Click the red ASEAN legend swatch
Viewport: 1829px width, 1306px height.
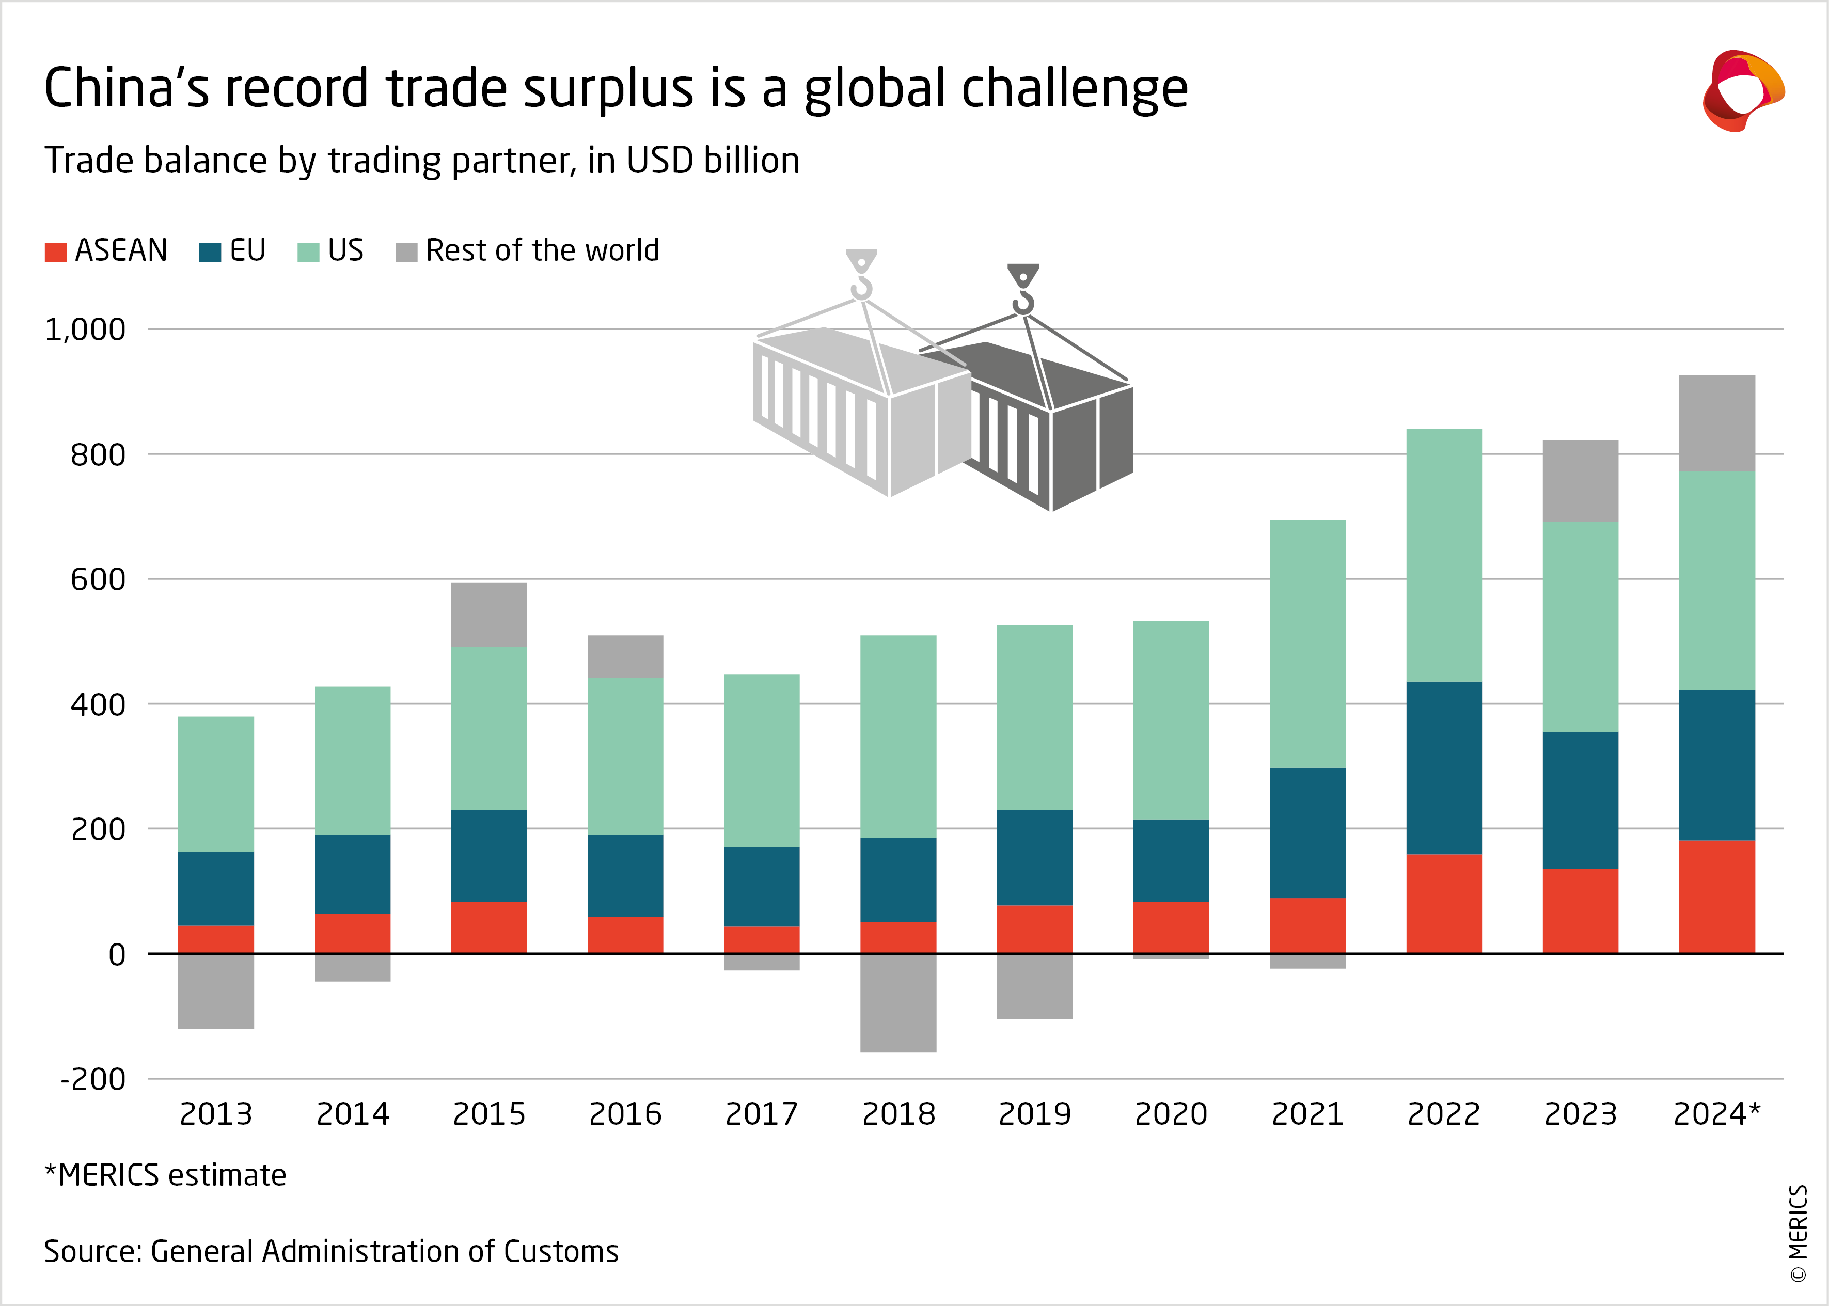(55, 251)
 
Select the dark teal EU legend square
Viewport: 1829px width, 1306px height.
(210, 251)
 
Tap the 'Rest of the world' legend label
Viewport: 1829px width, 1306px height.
(542, 250)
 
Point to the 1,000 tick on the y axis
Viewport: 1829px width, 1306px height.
(85, 329)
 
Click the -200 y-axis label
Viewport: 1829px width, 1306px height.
(93, 1078)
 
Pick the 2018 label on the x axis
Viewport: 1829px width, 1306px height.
(898, 1114)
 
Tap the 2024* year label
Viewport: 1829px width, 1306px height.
(1716, 1114)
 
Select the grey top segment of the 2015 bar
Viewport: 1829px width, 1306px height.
(489, 615)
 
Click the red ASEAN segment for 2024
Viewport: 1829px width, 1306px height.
(1716, 896)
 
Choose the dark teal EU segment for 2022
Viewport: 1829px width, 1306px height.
(1444, 767)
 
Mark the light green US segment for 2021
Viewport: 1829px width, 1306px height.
(1307, 643)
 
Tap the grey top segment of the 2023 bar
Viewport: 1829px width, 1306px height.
(1580, 480)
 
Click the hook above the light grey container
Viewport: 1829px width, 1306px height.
(861, 276)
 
